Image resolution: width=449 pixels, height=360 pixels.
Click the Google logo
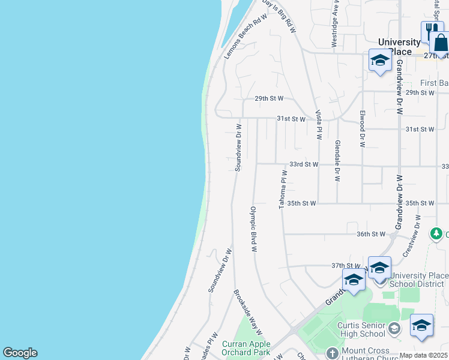[20, 353]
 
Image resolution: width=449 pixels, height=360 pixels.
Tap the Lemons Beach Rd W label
[245, 37]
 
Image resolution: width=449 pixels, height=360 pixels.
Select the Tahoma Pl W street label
[282, 190]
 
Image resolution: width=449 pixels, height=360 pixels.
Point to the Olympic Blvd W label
[253, 229]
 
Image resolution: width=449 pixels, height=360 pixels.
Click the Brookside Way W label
[248, 312]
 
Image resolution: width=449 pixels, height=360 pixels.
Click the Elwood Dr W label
[363, 128]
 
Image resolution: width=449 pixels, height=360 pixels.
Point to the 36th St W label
[370, 234]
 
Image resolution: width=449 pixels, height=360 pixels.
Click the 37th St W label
[345, 265]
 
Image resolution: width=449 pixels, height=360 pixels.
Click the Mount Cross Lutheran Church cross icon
[333, 352]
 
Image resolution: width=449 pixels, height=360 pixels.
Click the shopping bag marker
[441, 43]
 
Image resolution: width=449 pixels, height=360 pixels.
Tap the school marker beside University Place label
[379, 61]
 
